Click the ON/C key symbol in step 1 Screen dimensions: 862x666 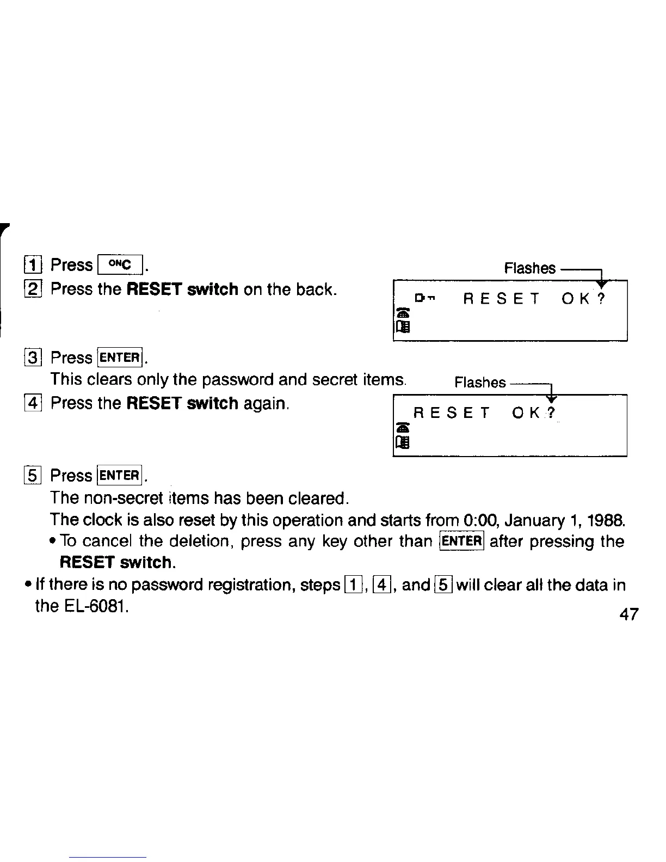[x=119, y=265]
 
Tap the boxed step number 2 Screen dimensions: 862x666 [x=33, y=289]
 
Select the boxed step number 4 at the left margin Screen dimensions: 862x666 [x=33, y=404]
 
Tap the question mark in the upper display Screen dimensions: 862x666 [x=600, y=299]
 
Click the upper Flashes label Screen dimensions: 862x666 [x=529, y=268]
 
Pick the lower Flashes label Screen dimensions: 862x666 [x=480, y=383]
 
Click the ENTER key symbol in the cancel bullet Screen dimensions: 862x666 [x=461, y=541]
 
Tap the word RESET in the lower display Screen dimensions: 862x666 [x=452, y=414]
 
